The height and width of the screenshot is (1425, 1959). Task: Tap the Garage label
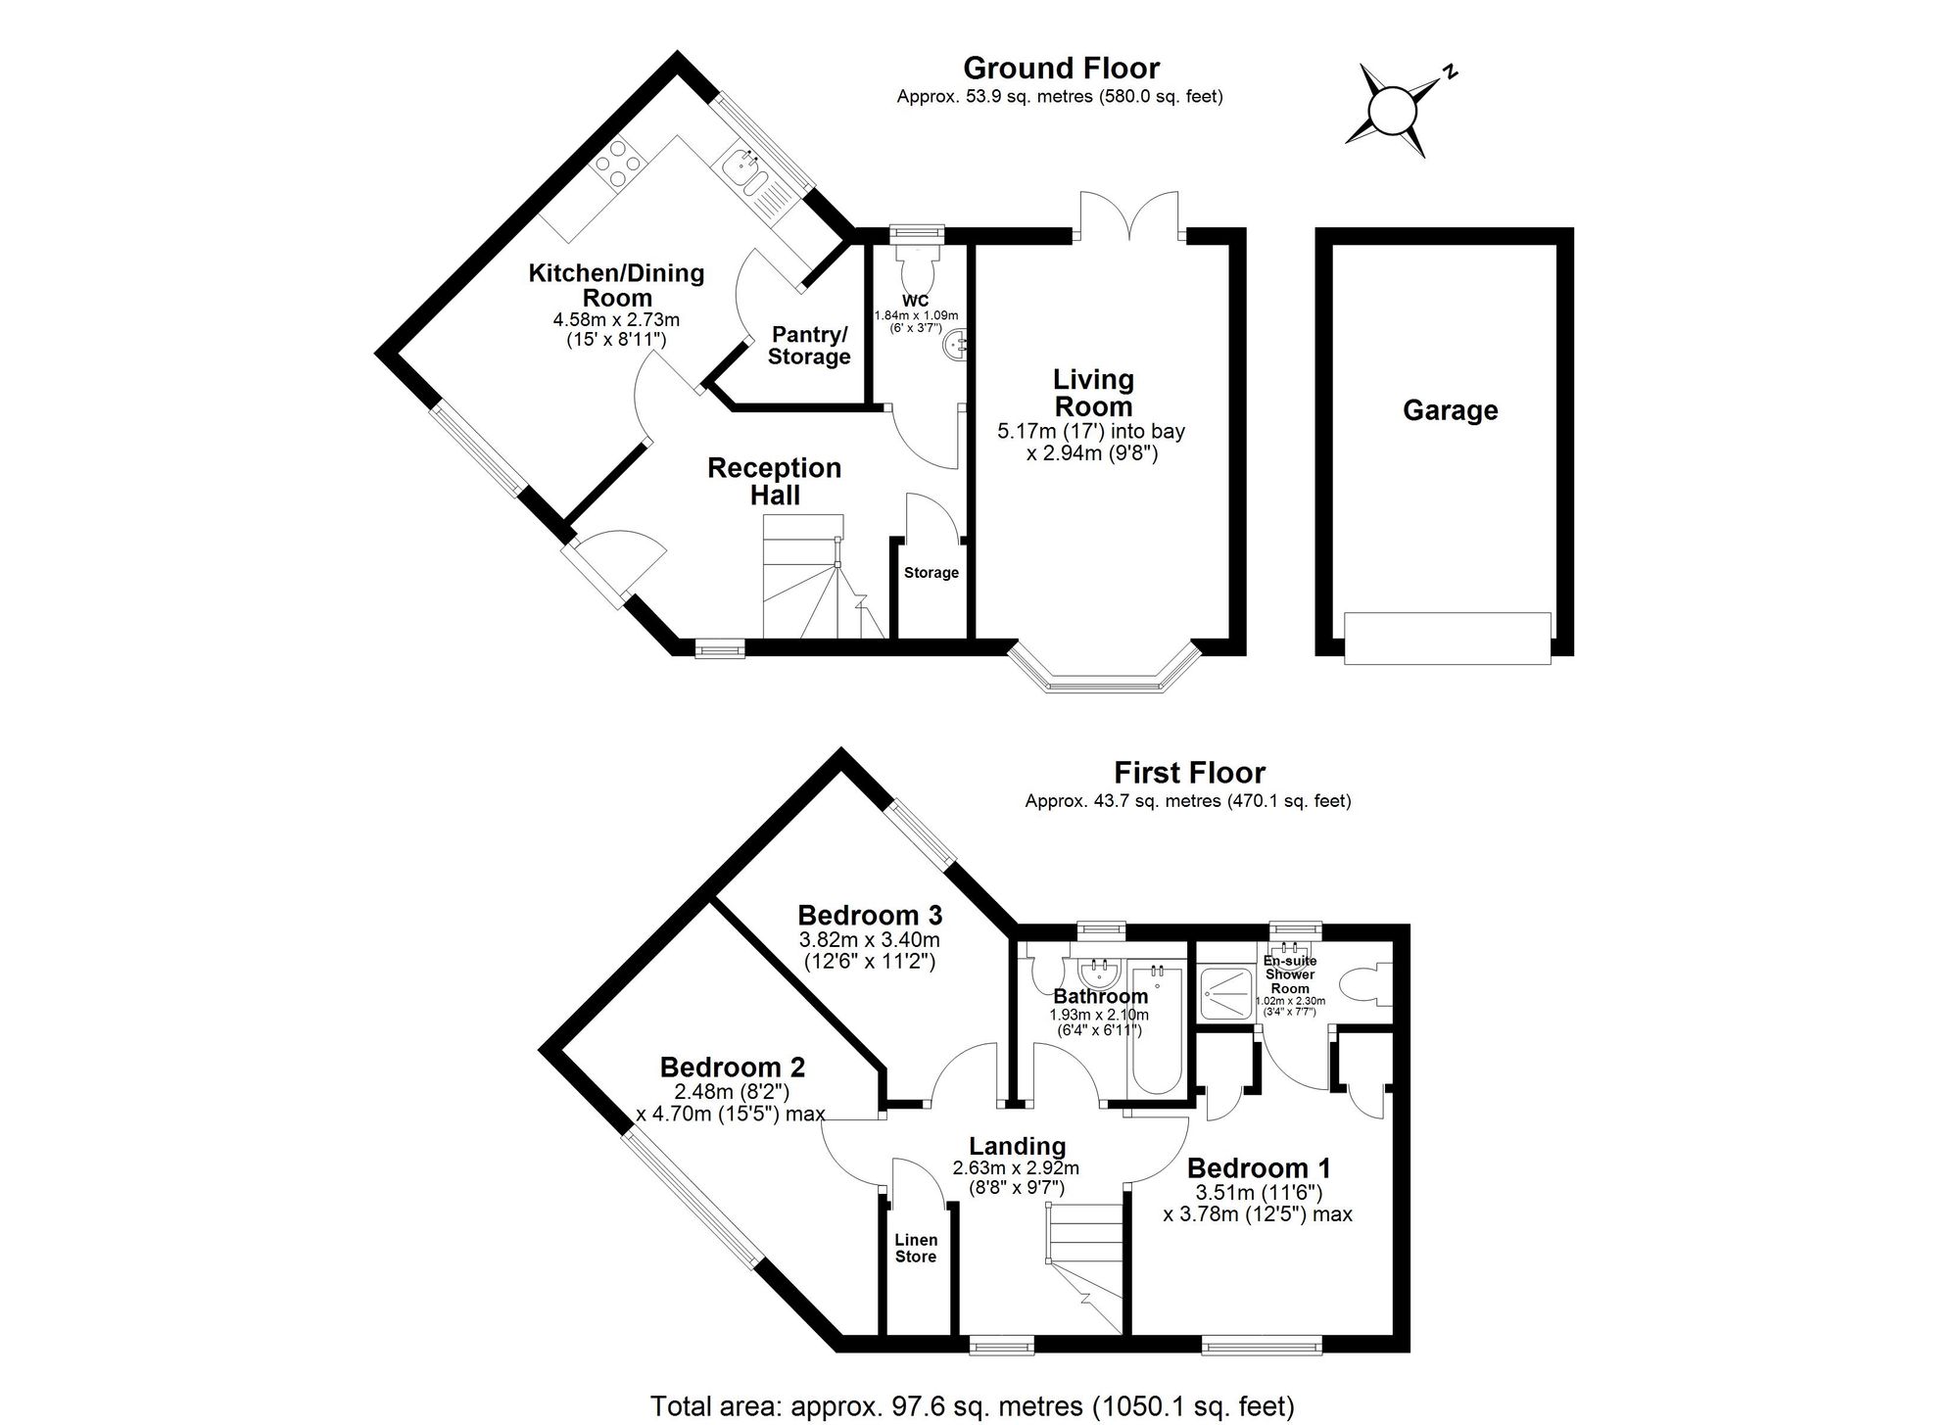(x=1450, y=410)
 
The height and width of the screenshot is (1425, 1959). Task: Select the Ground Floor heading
(x=1061, y=69)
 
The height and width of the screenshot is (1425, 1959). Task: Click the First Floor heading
(x=1189, y=773)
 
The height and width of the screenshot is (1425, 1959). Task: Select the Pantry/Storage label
(x=808, y=346)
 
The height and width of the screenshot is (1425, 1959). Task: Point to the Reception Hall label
(x=774, y=481)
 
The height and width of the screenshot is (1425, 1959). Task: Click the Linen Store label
(x=916, y=1248)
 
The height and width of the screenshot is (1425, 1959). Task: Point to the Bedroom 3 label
(x=870, y=916)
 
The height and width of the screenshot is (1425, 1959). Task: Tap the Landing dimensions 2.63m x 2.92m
(x=1016, y=1168)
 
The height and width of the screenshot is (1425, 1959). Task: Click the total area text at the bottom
(x=972, y=1406)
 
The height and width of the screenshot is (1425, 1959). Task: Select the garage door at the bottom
(x=1447, y=638)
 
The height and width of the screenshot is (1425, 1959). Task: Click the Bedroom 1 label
(x=1259, y=1168)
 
